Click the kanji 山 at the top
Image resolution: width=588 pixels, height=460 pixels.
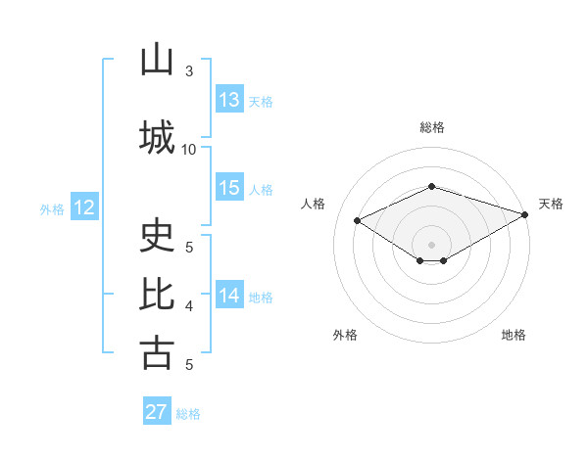coord(157,59)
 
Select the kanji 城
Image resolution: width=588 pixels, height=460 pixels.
coord(157,137)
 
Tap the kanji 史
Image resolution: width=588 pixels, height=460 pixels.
coord(157,235)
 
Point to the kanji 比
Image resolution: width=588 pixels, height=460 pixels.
coord(157,294)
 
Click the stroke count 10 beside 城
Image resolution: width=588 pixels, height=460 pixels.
coord(188,150)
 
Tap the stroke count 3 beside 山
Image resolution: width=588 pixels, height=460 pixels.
coord(189,71)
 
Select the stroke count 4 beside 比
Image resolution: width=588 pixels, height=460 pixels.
coord(189,306)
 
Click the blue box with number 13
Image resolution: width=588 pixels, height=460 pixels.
coord(230,99)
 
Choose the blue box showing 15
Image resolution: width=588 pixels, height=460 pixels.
coord(230,187)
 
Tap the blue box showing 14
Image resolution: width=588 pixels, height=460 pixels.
coord(230,294)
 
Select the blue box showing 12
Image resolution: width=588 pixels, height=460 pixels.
coord(84,207)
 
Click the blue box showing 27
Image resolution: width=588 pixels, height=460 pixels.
coord(157,410)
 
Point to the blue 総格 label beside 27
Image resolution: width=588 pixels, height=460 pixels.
coord(188,414)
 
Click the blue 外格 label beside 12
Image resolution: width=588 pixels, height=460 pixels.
coord(52,209)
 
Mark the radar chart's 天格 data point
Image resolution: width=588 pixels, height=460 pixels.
coord(525,214)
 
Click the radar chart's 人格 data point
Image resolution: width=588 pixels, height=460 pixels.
coord(358,220)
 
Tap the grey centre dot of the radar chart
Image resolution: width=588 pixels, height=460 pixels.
coord(431,245)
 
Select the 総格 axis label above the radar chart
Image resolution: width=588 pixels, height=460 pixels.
coord(432,127)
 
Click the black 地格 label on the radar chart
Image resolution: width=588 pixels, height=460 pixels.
coord(514,335)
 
